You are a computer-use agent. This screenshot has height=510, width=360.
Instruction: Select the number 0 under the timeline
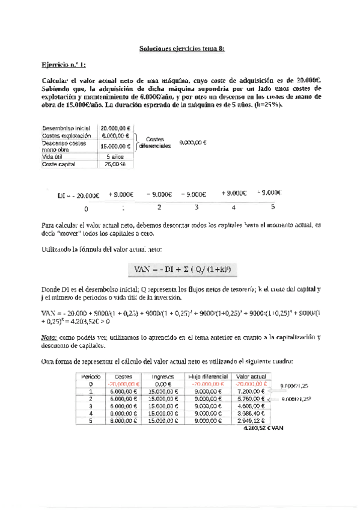(86, 208)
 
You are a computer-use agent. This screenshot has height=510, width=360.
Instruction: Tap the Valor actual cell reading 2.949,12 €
(252, 422)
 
